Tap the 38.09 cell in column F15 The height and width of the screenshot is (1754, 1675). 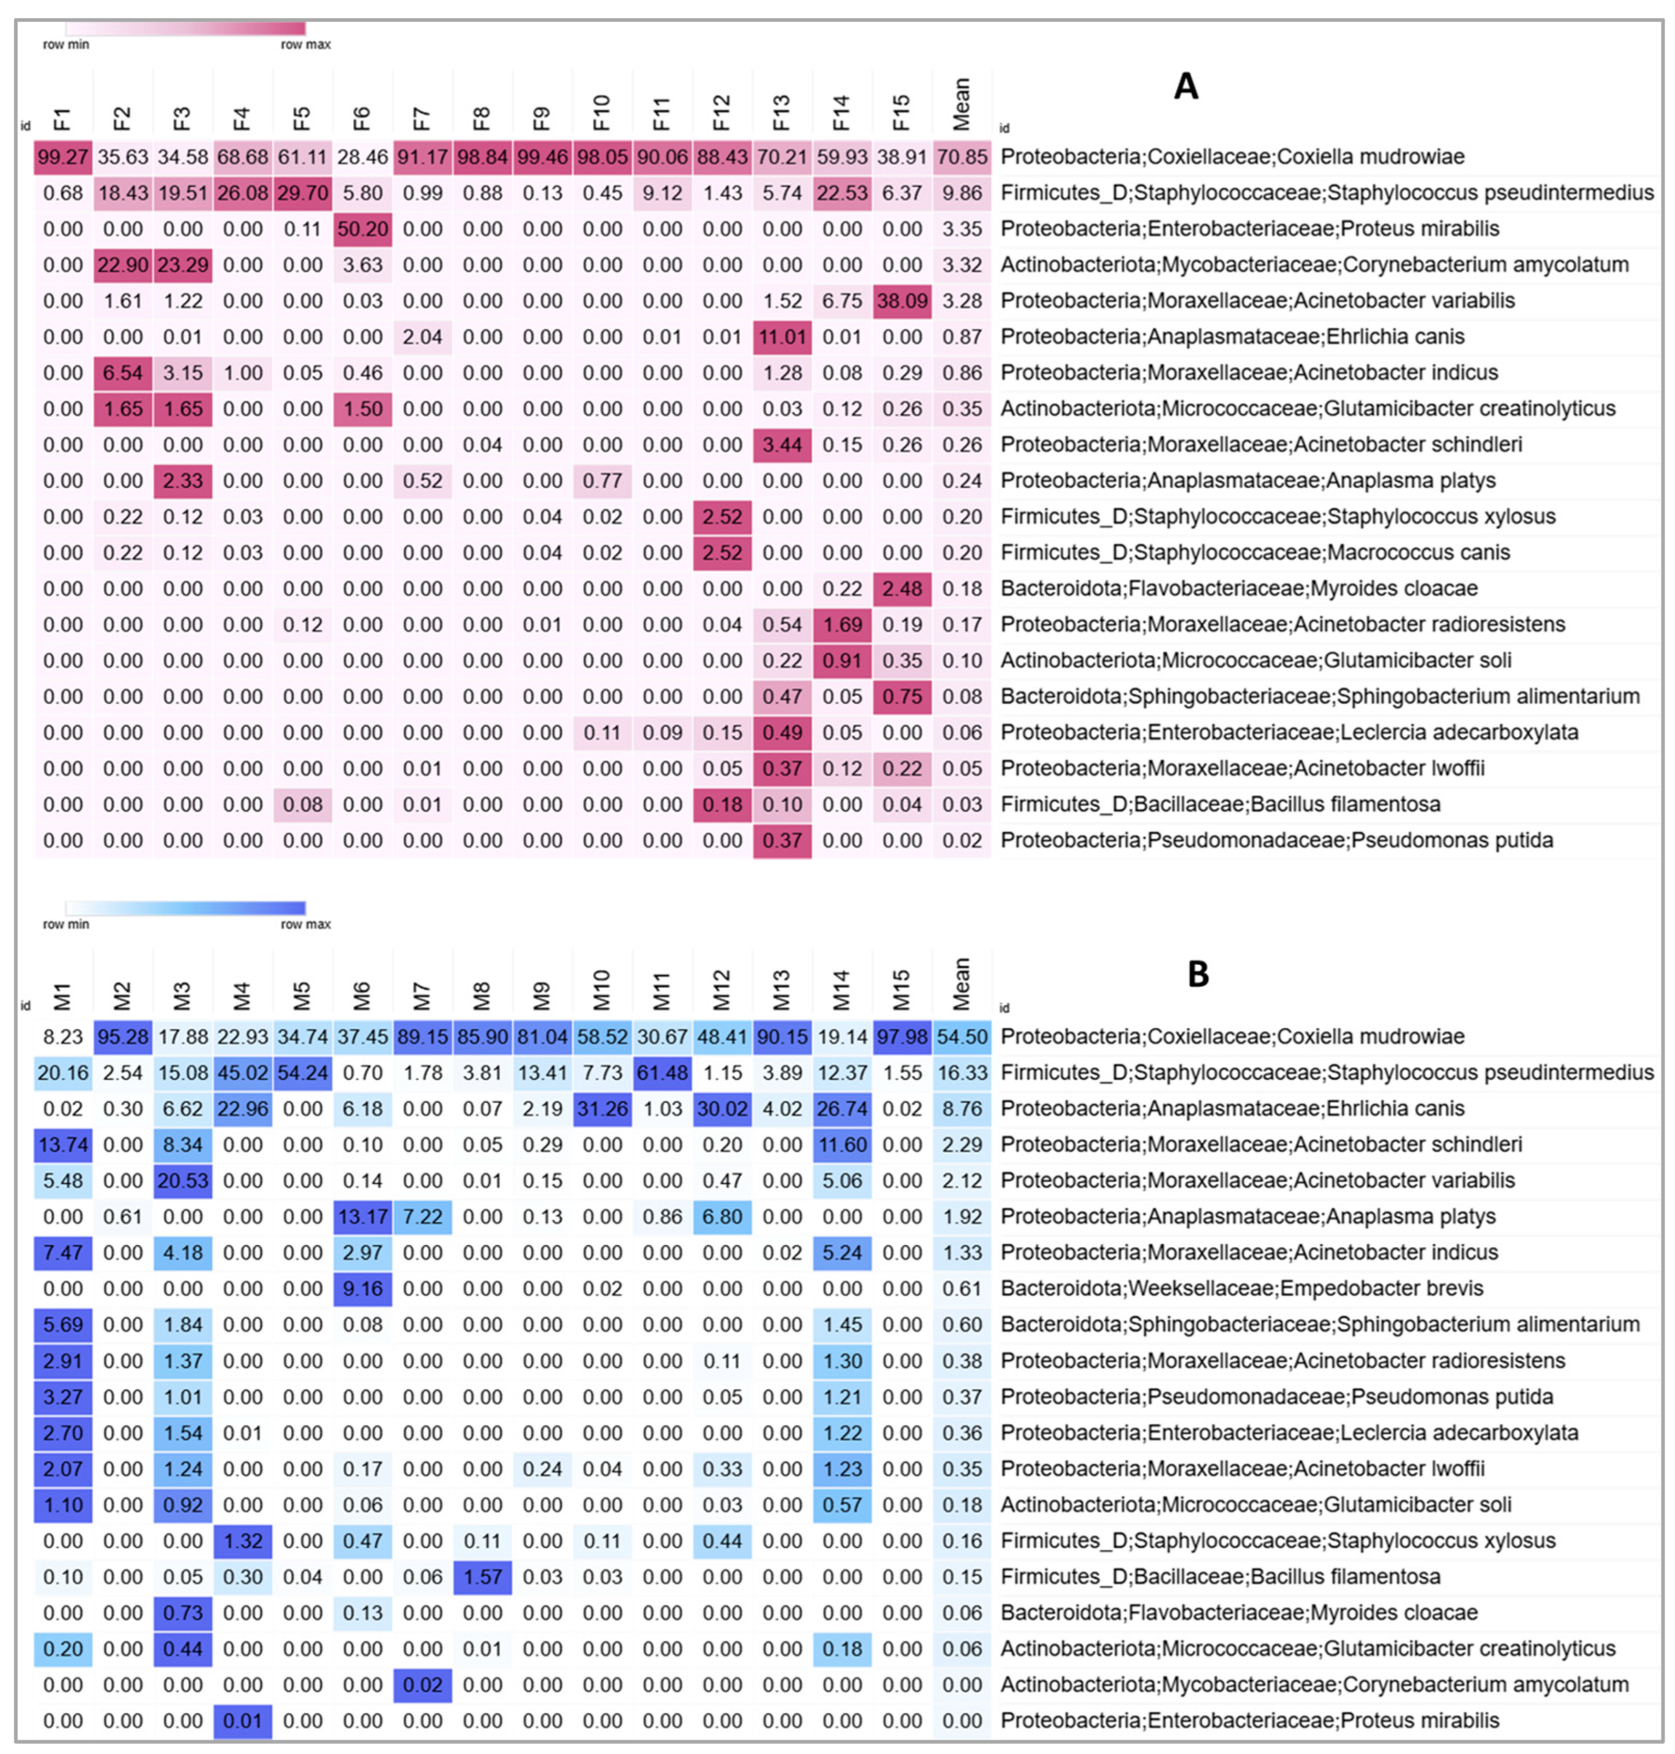click(902, 301)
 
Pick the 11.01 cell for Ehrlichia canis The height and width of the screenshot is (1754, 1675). click(782, 337)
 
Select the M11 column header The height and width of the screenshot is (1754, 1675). click(661, 991)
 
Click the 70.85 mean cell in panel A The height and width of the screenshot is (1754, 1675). click(962, 157)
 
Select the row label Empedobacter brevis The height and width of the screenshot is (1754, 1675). click(1241, 1288)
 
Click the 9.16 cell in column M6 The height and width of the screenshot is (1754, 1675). click(362, 1288)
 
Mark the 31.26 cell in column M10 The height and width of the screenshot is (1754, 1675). click(602, 1108)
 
